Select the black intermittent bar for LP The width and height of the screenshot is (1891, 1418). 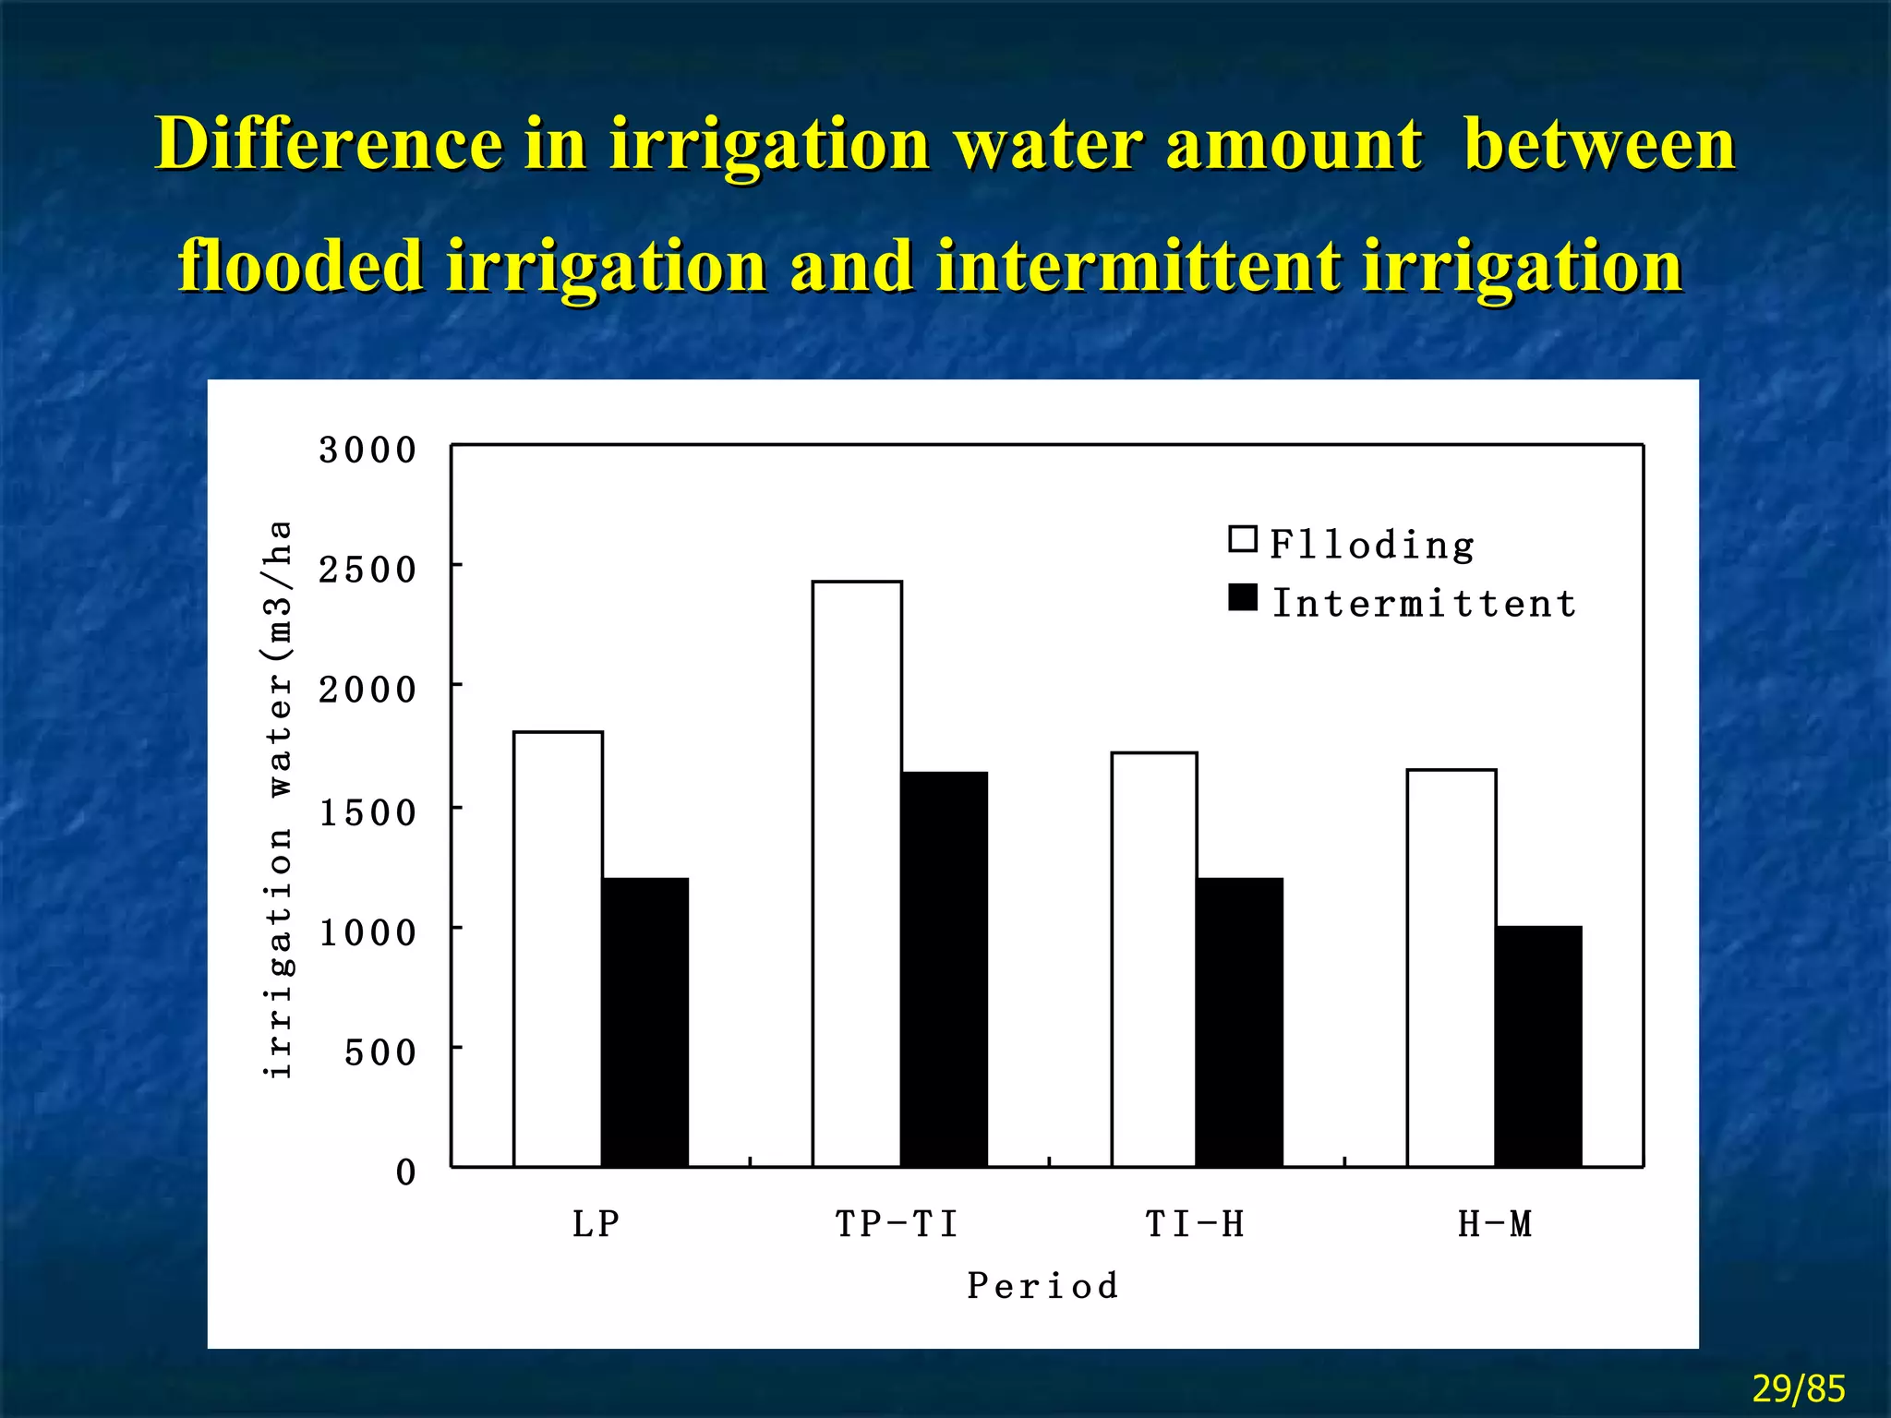click(644, 1022)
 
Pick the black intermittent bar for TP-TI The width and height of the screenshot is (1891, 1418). click(944, 969)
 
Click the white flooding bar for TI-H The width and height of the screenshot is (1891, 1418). click(1154, 959)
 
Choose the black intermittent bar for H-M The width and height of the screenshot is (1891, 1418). click(1538, 1046)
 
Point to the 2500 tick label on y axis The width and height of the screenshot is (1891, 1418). click(367, 570)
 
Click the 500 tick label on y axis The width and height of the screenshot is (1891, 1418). click(380, 1052)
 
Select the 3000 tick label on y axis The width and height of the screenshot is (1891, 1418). click(367, 451)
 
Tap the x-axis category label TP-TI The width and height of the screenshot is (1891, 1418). click(897, 1224)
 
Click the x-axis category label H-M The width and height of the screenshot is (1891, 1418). click(1495, 1224)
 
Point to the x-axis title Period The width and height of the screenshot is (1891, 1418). click(1042, 1285)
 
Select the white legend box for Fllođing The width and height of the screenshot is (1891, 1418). click(1243, 539)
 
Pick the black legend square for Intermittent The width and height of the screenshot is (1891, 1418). click(1243, 598)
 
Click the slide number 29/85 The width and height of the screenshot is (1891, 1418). click(1798, 1388)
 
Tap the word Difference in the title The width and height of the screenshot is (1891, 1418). click(329, 144)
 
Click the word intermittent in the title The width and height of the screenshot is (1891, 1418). click(1138, 266)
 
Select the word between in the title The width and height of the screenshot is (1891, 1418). click(1599, 144)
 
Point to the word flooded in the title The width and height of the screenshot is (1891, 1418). click(301, 266)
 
